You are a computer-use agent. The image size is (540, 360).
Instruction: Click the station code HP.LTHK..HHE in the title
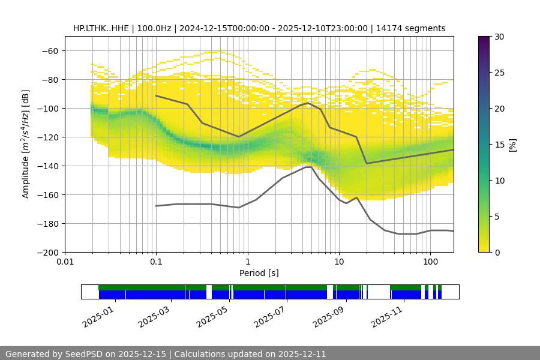pyautogui.click(x=101, y=28)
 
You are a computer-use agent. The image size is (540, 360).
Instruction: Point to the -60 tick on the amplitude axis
pyautogui.click(x=49, y=51)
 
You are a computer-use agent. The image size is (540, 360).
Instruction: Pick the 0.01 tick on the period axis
pyautogui.click(x=65, y=262)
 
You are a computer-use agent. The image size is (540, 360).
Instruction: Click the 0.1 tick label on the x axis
pyautogui.click(x=156, y=262)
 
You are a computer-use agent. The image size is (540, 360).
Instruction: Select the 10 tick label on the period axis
pyautogui.click(x=339, y=262)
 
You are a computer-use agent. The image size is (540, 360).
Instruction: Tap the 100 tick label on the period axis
pyautogui.click(x=430, y=262)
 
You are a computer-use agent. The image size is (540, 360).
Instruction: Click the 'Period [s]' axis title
pyautogui.click(x=259, y=274)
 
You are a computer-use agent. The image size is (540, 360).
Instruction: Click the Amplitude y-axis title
pyautogui.click(x=26, y=144)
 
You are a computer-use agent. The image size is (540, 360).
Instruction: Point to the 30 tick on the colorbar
pyautogui.click(x=499, y=37)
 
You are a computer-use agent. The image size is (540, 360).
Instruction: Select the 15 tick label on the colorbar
pyautogui.click(x=499, y=145)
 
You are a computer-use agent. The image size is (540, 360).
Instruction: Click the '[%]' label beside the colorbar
pyautogui.click(x=512, y=145)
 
